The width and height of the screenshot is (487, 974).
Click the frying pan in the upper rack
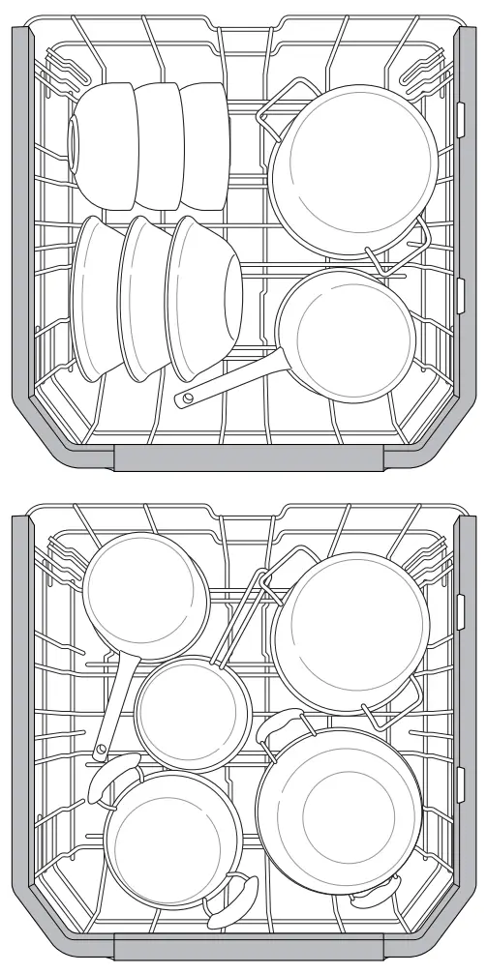[346, 334]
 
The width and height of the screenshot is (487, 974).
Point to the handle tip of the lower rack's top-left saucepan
[101, 751]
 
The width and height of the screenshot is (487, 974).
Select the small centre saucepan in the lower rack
[192, 712]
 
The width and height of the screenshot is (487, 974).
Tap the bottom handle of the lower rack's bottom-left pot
[233, 900]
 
